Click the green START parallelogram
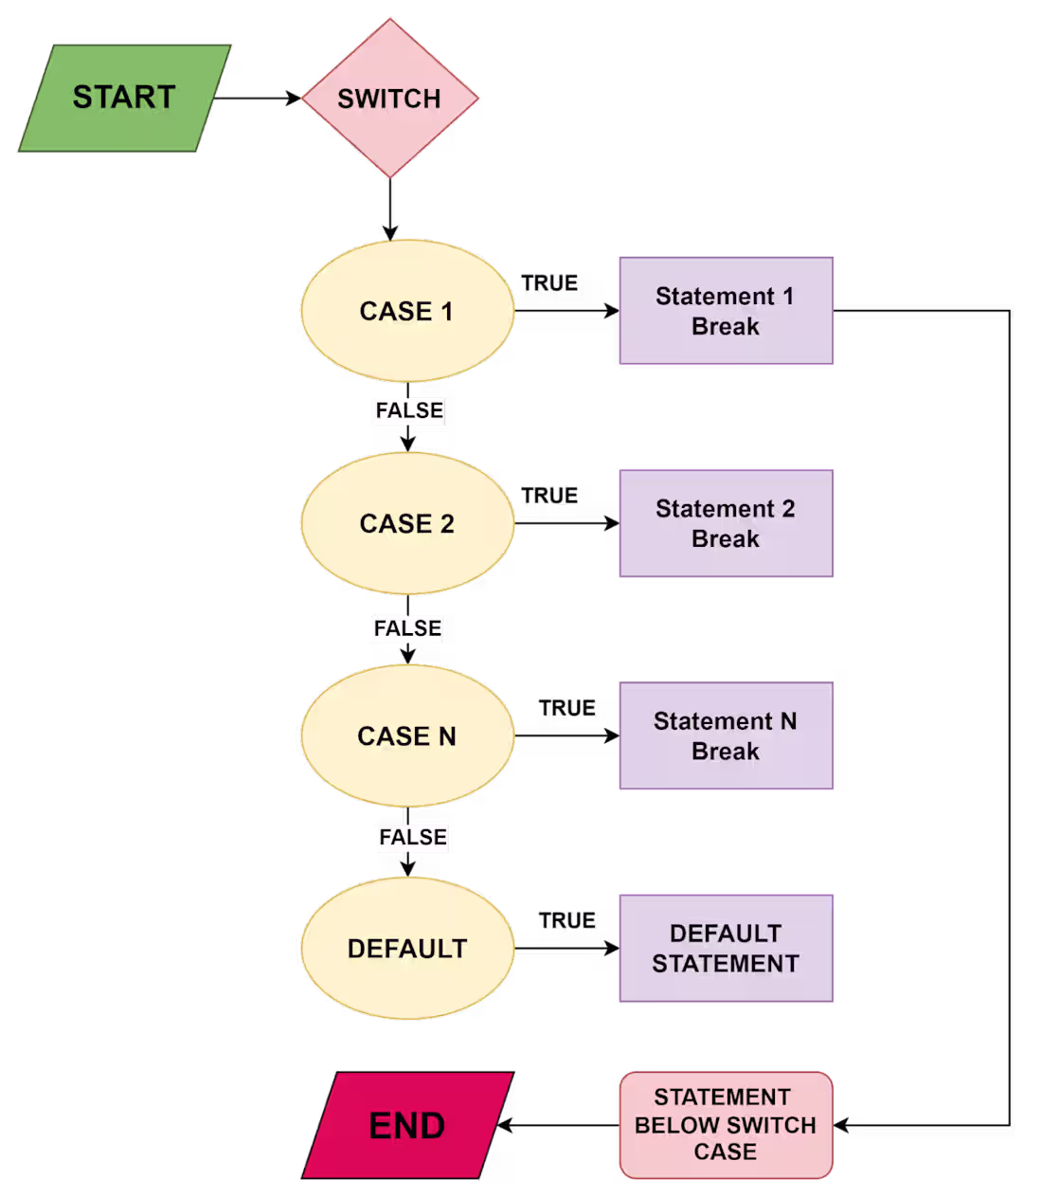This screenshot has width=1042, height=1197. [124, 98]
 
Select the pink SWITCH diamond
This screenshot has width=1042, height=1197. [389, 99]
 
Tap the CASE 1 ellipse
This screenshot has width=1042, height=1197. [407, 311]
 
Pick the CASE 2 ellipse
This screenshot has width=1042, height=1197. [407, 523]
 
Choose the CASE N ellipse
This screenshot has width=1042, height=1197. [407, 735]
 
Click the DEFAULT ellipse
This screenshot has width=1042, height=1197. [407, 948]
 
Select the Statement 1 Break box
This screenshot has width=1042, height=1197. [726, 311]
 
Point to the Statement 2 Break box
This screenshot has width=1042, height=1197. [726, 523]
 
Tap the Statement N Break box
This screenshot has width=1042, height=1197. [726, 735]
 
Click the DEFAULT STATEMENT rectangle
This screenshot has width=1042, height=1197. [726, 948]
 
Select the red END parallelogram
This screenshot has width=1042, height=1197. [407, 1126]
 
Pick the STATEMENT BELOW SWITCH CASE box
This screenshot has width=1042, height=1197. [726, 1125]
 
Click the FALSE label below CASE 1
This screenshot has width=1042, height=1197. [409, 410]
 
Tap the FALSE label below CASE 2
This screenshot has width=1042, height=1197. [407, 628]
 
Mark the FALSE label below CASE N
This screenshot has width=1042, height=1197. [413, 837]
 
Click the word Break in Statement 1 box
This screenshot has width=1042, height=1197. [726, 327]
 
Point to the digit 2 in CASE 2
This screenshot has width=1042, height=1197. [447, 524]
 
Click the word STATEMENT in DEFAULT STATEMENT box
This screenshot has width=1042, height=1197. [726, 964]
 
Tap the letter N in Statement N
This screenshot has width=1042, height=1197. [788, 721]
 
